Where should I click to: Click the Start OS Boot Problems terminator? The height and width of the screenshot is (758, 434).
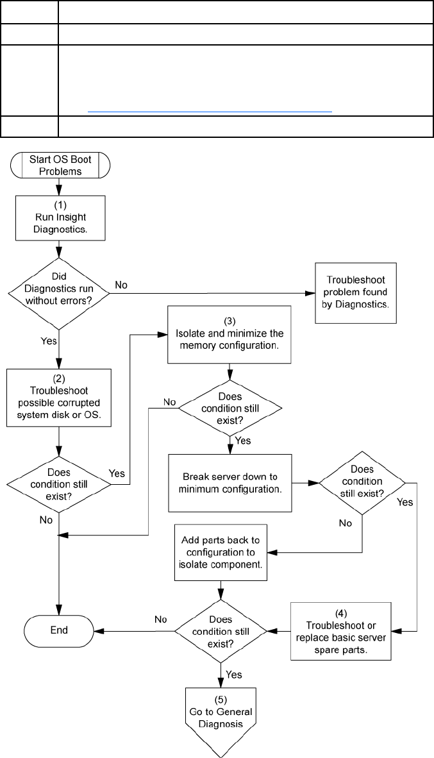point(59,165)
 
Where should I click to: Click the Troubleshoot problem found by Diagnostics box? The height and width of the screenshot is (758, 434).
point(356,292)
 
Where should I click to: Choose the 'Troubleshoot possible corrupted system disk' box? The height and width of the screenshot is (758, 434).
point(59,398)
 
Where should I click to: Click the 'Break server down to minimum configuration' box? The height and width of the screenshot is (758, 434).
point(230,482)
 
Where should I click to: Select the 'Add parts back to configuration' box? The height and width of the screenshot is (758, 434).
point(221,552)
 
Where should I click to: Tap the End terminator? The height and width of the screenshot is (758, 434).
point(59,630)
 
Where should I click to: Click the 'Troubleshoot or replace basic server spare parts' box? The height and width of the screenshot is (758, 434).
point(340,631)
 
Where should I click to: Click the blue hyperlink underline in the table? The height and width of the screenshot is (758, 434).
point(210,112)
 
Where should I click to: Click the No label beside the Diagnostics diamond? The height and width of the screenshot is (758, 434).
point(121,285)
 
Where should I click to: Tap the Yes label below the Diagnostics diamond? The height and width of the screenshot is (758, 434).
point(48,341)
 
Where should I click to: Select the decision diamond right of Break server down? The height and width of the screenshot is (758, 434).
point(362,482)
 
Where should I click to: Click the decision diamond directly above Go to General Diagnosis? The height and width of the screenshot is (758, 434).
point(221,631)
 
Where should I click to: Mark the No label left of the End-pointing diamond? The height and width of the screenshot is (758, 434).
point(161,619)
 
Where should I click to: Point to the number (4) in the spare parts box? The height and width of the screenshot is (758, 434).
point(340,614)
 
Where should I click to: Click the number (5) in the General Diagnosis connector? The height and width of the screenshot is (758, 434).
point(221,700)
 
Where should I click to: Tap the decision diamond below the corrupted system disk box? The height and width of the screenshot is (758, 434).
point(59,484)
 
